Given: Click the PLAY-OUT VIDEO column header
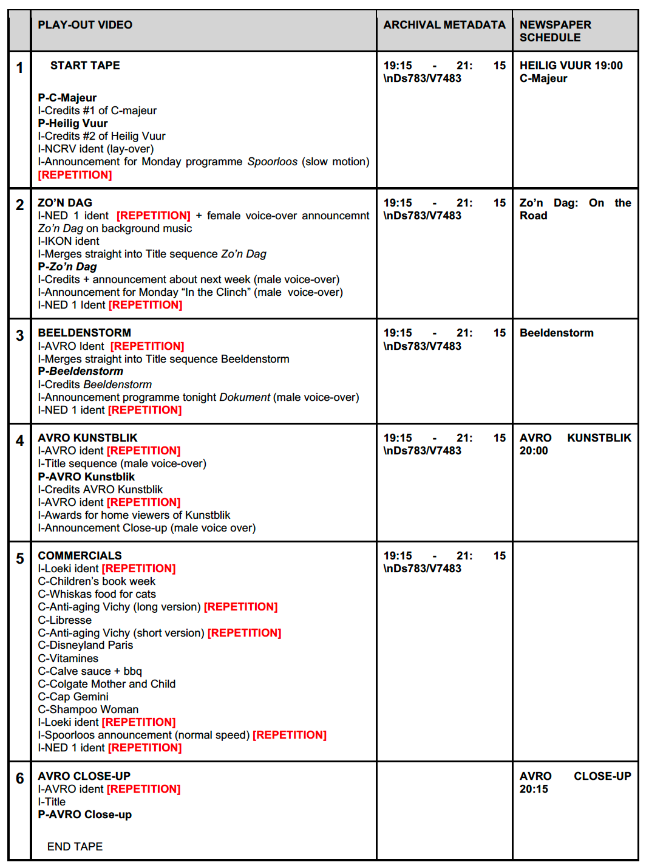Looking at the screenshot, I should coord(85,25).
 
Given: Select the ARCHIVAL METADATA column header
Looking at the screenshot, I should coord(444,25).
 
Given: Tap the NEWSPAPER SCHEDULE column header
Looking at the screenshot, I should coord(555,31).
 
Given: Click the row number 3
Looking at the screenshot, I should coord(20,335).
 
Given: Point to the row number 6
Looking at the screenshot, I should coord(20,778).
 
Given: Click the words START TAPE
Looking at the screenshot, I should coord(85,66).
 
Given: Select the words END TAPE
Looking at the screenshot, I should coord(75,846).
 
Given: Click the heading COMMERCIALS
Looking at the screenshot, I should coord(80,556).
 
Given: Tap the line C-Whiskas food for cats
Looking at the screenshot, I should coord(97,594).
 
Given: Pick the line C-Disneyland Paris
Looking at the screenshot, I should coord(86,645).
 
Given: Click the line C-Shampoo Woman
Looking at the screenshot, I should coord(88,709).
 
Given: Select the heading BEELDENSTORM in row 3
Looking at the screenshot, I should coord(84,333).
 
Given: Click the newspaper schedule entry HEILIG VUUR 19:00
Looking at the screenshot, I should coord(571,66).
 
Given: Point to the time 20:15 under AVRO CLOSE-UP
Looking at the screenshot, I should coord(534,789).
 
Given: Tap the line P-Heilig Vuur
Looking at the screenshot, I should coord(73,123).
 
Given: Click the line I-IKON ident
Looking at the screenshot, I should coord(69,241).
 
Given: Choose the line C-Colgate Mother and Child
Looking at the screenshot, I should coord(107,684).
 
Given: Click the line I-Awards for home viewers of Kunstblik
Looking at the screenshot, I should coord(134,515).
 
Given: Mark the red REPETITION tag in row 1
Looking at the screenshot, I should coord(75,175).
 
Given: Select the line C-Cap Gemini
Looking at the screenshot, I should coord(73,697).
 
